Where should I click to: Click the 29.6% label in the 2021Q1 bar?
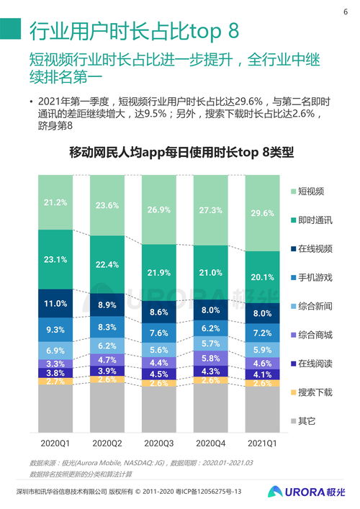[262, 213]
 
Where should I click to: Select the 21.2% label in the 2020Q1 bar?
[55, 202]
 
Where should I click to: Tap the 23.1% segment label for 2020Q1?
[55, 259]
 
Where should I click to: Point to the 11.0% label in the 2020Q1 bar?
[55, 304]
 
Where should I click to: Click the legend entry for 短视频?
[311, 192]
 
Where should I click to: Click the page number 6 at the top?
[344, 12]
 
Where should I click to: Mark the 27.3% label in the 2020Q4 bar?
[210, 210]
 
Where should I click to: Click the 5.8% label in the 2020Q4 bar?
[210, 358]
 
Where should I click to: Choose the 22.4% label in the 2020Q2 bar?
[107, 265]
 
